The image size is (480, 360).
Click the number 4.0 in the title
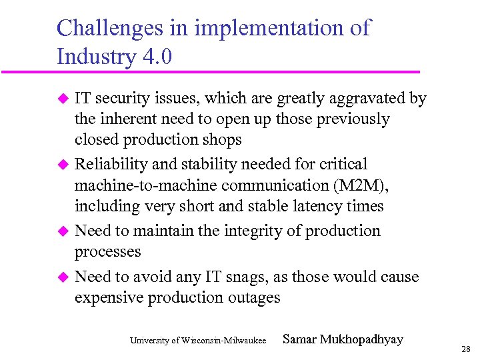(157, 57)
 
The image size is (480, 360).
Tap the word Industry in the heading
(96, 57)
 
